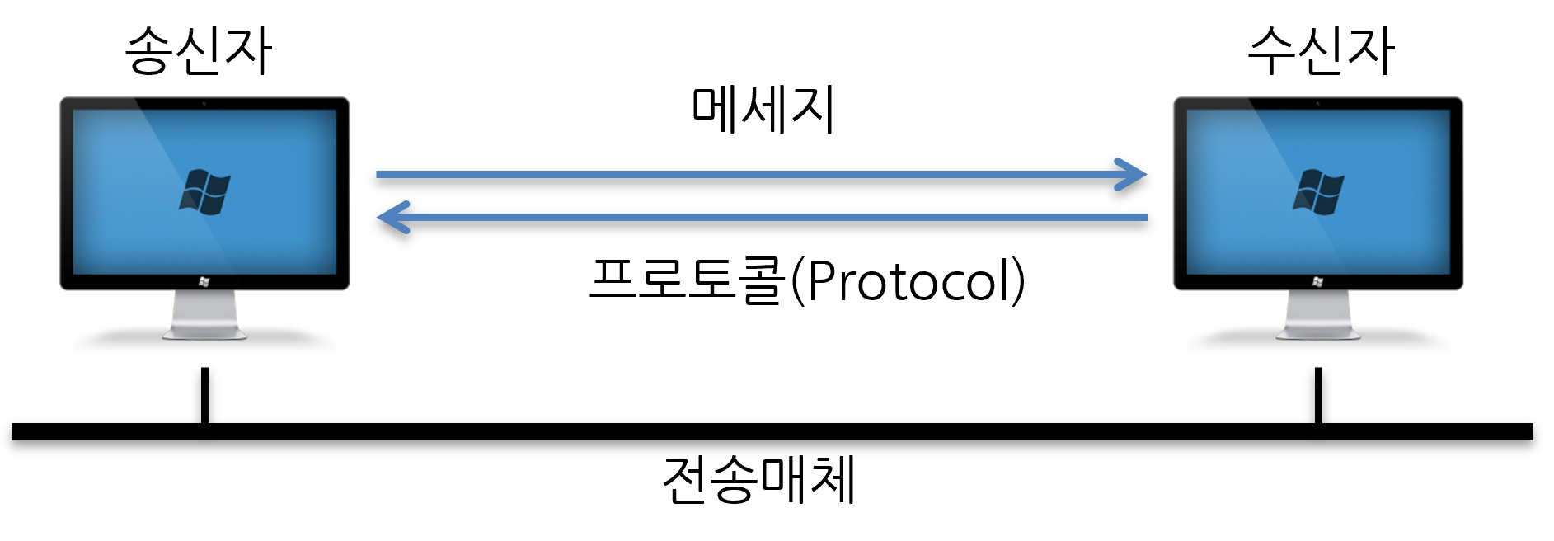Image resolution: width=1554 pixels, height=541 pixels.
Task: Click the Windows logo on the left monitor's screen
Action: (x=204, y=193)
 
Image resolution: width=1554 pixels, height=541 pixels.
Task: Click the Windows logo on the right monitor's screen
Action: (x=1318, y=193)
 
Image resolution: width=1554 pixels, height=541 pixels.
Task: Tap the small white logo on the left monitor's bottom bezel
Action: (x=204, y=282)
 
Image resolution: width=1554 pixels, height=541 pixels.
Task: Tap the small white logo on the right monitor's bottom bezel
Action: (x=1318, y=282)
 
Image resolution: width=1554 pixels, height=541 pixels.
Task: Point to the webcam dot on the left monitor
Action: (x=204, y=104)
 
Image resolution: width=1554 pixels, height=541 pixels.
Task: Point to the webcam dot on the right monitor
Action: (x=1318, y=104)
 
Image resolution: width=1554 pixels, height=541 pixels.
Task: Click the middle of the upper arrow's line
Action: (x=758, y=175)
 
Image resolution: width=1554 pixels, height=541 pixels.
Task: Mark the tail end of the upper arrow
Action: (x=378, y=175)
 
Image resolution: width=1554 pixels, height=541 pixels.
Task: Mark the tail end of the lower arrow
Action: (x=1145, y=218)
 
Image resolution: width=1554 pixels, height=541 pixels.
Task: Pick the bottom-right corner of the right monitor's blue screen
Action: (x=1449, y=273)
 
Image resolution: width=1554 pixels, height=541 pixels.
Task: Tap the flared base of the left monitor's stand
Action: (x=204, y=333)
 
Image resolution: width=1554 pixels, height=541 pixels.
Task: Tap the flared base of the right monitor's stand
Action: (x=1318, y=333)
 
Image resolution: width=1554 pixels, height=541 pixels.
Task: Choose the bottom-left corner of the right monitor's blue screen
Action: (x=1188, y=273)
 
